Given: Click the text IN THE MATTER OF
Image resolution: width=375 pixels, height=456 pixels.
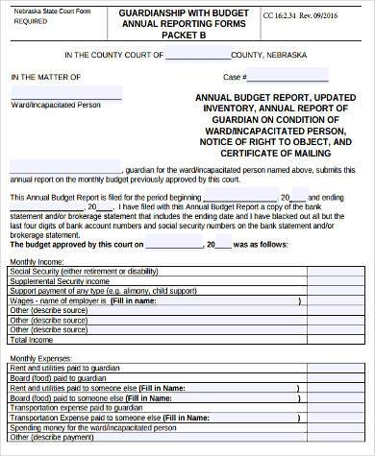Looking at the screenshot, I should [45, 76].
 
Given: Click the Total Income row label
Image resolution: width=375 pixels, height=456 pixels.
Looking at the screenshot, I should [33, 339].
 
